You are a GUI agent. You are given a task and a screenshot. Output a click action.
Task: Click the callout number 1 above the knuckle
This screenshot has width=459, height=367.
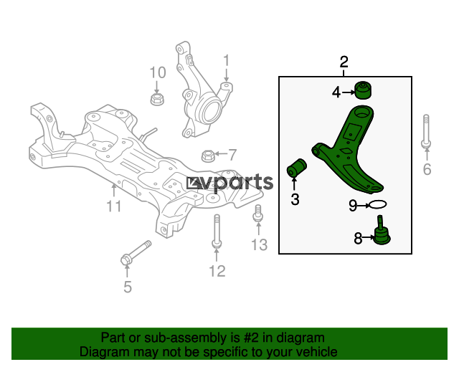coord(227,61)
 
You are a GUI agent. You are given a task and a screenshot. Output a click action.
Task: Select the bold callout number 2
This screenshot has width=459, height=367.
coord(344,62)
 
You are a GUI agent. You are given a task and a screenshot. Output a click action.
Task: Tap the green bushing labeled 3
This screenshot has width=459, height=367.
coord(296,168)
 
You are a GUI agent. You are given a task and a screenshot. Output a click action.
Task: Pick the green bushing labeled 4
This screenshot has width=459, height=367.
coord(364,90)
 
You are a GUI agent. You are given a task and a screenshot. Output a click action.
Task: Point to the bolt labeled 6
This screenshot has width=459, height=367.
coord(426,131)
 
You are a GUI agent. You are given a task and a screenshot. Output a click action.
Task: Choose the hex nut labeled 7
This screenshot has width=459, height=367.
coord(207,156)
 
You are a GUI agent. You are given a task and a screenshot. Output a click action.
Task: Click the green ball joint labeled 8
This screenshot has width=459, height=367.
coord(382,232)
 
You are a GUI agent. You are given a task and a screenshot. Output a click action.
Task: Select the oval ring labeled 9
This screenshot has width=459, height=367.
coord(378,204)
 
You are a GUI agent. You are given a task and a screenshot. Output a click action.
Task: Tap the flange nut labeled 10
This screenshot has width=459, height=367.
coord(157,99)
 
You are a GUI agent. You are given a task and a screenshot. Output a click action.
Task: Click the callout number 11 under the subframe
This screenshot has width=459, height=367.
coord(114,206)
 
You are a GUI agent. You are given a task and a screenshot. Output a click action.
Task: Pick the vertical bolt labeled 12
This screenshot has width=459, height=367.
coord(217,232)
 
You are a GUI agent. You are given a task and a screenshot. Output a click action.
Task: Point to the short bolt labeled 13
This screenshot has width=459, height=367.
coord(258,214)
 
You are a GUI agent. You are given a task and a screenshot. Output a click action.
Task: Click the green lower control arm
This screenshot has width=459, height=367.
coord(349,149)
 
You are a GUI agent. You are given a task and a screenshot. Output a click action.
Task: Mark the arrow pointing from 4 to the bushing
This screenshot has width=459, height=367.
coord(349,92)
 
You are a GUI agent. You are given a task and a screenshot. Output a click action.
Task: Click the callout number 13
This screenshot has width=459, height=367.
coord(260,244)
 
